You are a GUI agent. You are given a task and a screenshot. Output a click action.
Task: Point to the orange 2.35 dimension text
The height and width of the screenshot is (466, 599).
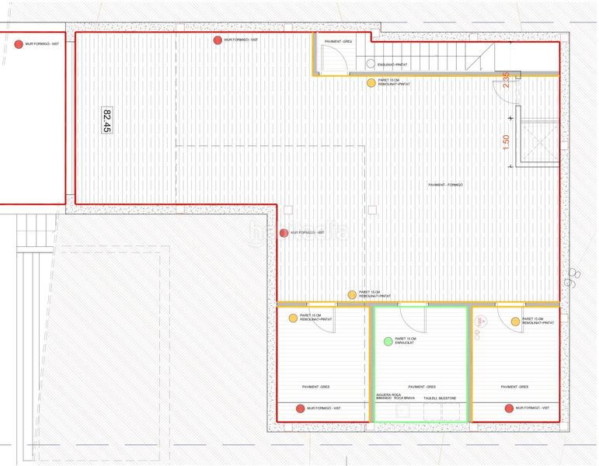[506, 81]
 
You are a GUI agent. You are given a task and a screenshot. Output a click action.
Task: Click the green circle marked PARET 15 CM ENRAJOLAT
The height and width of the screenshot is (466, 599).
[388, 341]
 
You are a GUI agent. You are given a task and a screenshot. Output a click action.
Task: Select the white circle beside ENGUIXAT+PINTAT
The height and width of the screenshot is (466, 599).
[371, 64]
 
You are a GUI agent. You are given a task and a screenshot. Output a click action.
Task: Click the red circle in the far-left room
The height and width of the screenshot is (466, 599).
[19, 44]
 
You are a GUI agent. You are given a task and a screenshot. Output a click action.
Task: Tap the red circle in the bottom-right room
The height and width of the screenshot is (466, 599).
[509, 408]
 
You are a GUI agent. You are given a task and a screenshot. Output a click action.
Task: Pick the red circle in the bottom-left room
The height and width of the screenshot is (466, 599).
[300, 408]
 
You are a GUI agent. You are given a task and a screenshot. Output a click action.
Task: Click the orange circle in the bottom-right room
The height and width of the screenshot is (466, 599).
[515, 321]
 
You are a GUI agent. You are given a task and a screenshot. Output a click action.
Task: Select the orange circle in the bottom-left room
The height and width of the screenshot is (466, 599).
[293, 318]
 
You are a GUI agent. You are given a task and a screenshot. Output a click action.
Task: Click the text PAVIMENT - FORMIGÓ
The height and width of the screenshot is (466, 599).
[447, 185]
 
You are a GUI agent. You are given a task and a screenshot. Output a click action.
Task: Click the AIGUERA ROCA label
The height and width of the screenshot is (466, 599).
[389, 395]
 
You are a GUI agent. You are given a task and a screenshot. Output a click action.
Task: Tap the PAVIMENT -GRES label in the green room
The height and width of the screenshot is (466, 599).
[421, 386]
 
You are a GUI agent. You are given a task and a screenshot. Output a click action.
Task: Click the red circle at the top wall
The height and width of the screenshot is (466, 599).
[218, 40]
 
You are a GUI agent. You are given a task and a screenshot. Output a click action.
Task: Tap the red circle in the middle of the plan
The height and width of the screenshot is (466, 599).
[284, 232]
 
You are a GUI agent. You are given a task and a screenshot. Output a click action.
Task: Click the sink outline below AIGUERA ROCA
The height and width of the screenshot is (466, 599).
[402, 410]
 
